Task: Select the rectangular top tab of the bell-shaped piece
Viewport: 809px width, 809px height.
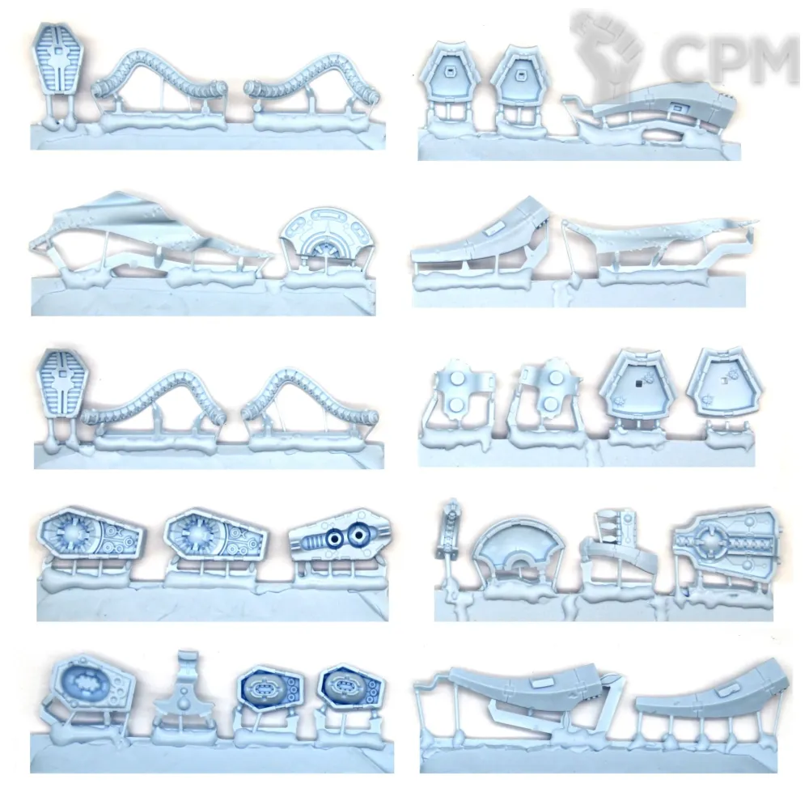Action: [187, 660]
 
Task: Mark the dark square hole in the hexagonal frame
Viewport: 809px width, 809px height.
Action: [638, 383]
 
